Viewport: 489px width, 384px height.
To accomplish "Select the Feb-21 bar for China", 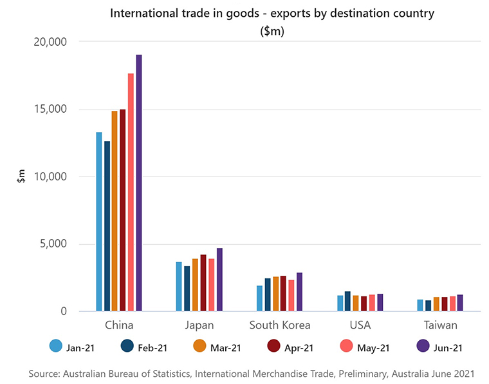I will [107, 226].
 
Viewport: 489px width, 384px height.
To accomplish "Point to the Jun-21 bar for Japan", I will [219, 280].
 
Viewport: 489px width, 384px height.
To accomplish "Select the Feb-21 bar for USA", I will [347, 302].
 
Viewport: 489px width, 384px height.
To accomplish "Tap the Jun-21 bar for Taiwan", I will [460, 303].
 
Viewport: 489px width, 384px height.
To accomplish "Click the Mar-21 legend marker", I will [200, 347].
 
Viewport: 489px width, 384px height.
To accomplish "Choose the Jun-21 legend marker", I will [423, 347].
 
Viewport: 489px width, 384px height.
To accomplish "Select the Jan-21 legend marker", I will [56, 347].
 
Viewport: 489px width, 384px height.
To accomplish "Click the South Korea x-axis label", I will [279, 325].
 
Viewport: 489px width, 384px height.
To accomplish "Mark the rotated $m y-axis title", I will [21, 176].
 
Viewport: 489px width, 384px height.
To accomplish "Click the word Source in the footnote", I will [44, 374].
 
